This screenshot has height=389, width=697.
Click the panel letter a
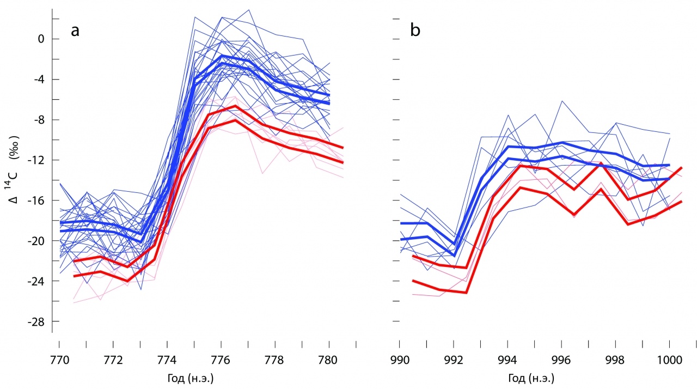[x=75, y=31]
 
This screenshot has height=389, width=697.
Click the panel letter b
[x=415, y=31]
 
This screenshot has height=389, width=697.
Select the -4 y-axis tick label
[x=38, y=80]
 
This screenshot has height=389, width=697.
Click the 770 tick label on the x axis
[x=59, y=360]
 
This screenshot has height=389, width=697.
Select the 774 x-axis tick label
[x=167, y=360]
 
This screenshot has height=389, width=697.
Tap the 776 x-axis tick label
[x=221, y=360]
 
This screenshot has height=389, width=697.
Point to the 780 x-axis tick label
[x=329, y=360]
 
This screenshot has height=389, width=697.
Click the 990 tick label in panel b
[x=400, y=360]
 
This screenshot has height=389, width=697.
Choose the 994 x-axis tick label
[x=508, y=360]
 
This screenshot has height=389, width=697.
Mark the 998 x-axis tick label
[x=615, y=360]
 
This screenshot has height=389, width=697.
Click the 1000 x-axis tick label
[x=669, y=360]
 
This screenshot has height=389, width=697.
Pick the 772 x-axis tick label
[x=113, y=360]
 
